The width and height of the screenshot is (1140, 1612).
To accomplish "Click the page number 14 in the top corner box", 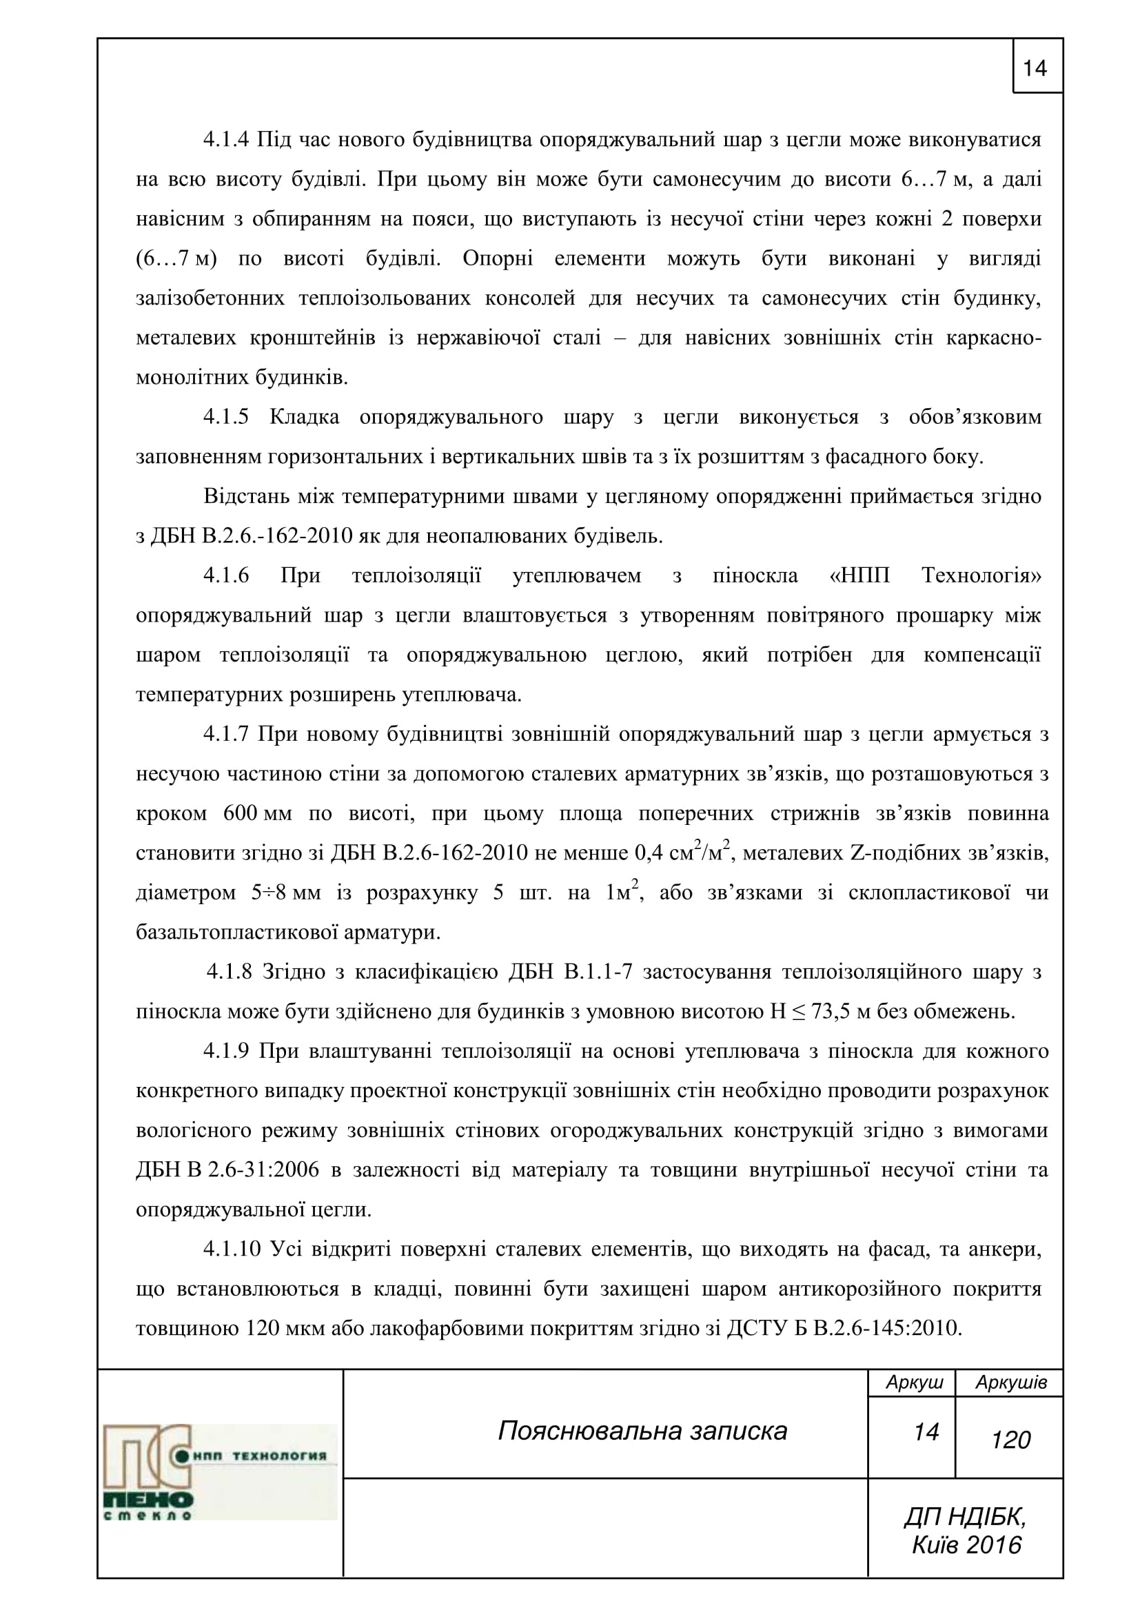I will coord(1035,68).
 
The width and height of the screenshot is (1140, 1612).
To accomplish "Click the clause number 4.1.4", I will coord(226,140).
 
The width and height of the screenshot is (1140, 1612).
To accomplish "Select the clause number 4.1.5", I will coord(226,417).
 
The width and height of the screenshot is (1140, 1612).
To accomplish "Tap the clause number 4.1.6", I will coord(226,575).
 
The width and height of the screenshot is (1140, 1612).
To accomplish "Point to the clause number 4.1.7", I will coord(226,735).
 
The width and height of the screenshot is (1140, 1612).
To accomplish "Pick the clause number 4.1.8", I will coord(229,972).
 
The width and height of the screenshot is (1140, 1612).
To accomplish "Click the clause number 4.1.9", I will coord(226,1052).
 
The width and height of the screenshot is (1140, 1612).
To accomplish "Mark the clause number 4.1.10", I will coord(232,1249).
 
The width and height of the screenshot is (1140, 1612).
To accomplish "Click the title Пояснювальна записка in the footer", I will coord(642,1431).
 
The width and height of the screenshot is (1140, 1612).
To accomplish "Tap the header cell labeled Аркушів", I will coord(1011,1383).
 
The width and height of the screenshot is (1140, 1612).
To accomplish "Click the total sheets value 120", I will coord(1011,1440).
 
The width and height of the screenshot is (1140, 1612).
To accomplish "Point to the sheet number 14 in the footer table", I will coord(926,1432).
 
